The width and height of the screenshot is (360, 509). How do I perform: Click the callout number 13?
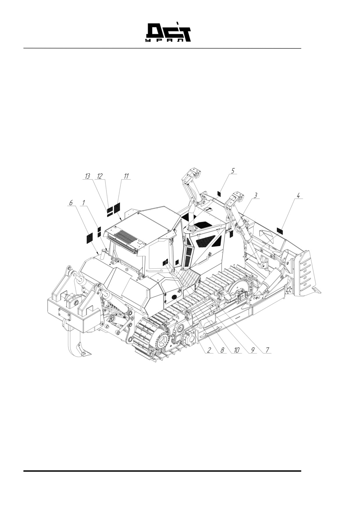click(87, 176)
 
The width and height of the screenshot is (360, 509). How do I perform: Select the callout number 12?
click(100, 176)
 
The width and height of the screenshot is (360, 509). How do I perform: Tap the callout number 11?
click(126, 176)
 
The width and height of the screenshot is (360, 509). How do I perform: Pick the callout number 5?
click(233, 171)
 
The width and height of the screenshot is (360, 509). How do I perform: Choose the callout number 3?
click(255, 196)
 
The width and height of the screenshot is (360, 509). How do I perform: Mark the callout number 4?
click(298, 196)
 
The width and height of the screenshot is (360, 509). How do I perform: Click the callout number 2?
click(209, 350)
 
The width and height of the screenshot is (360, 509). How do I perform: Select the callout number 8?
click(222, 350)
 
